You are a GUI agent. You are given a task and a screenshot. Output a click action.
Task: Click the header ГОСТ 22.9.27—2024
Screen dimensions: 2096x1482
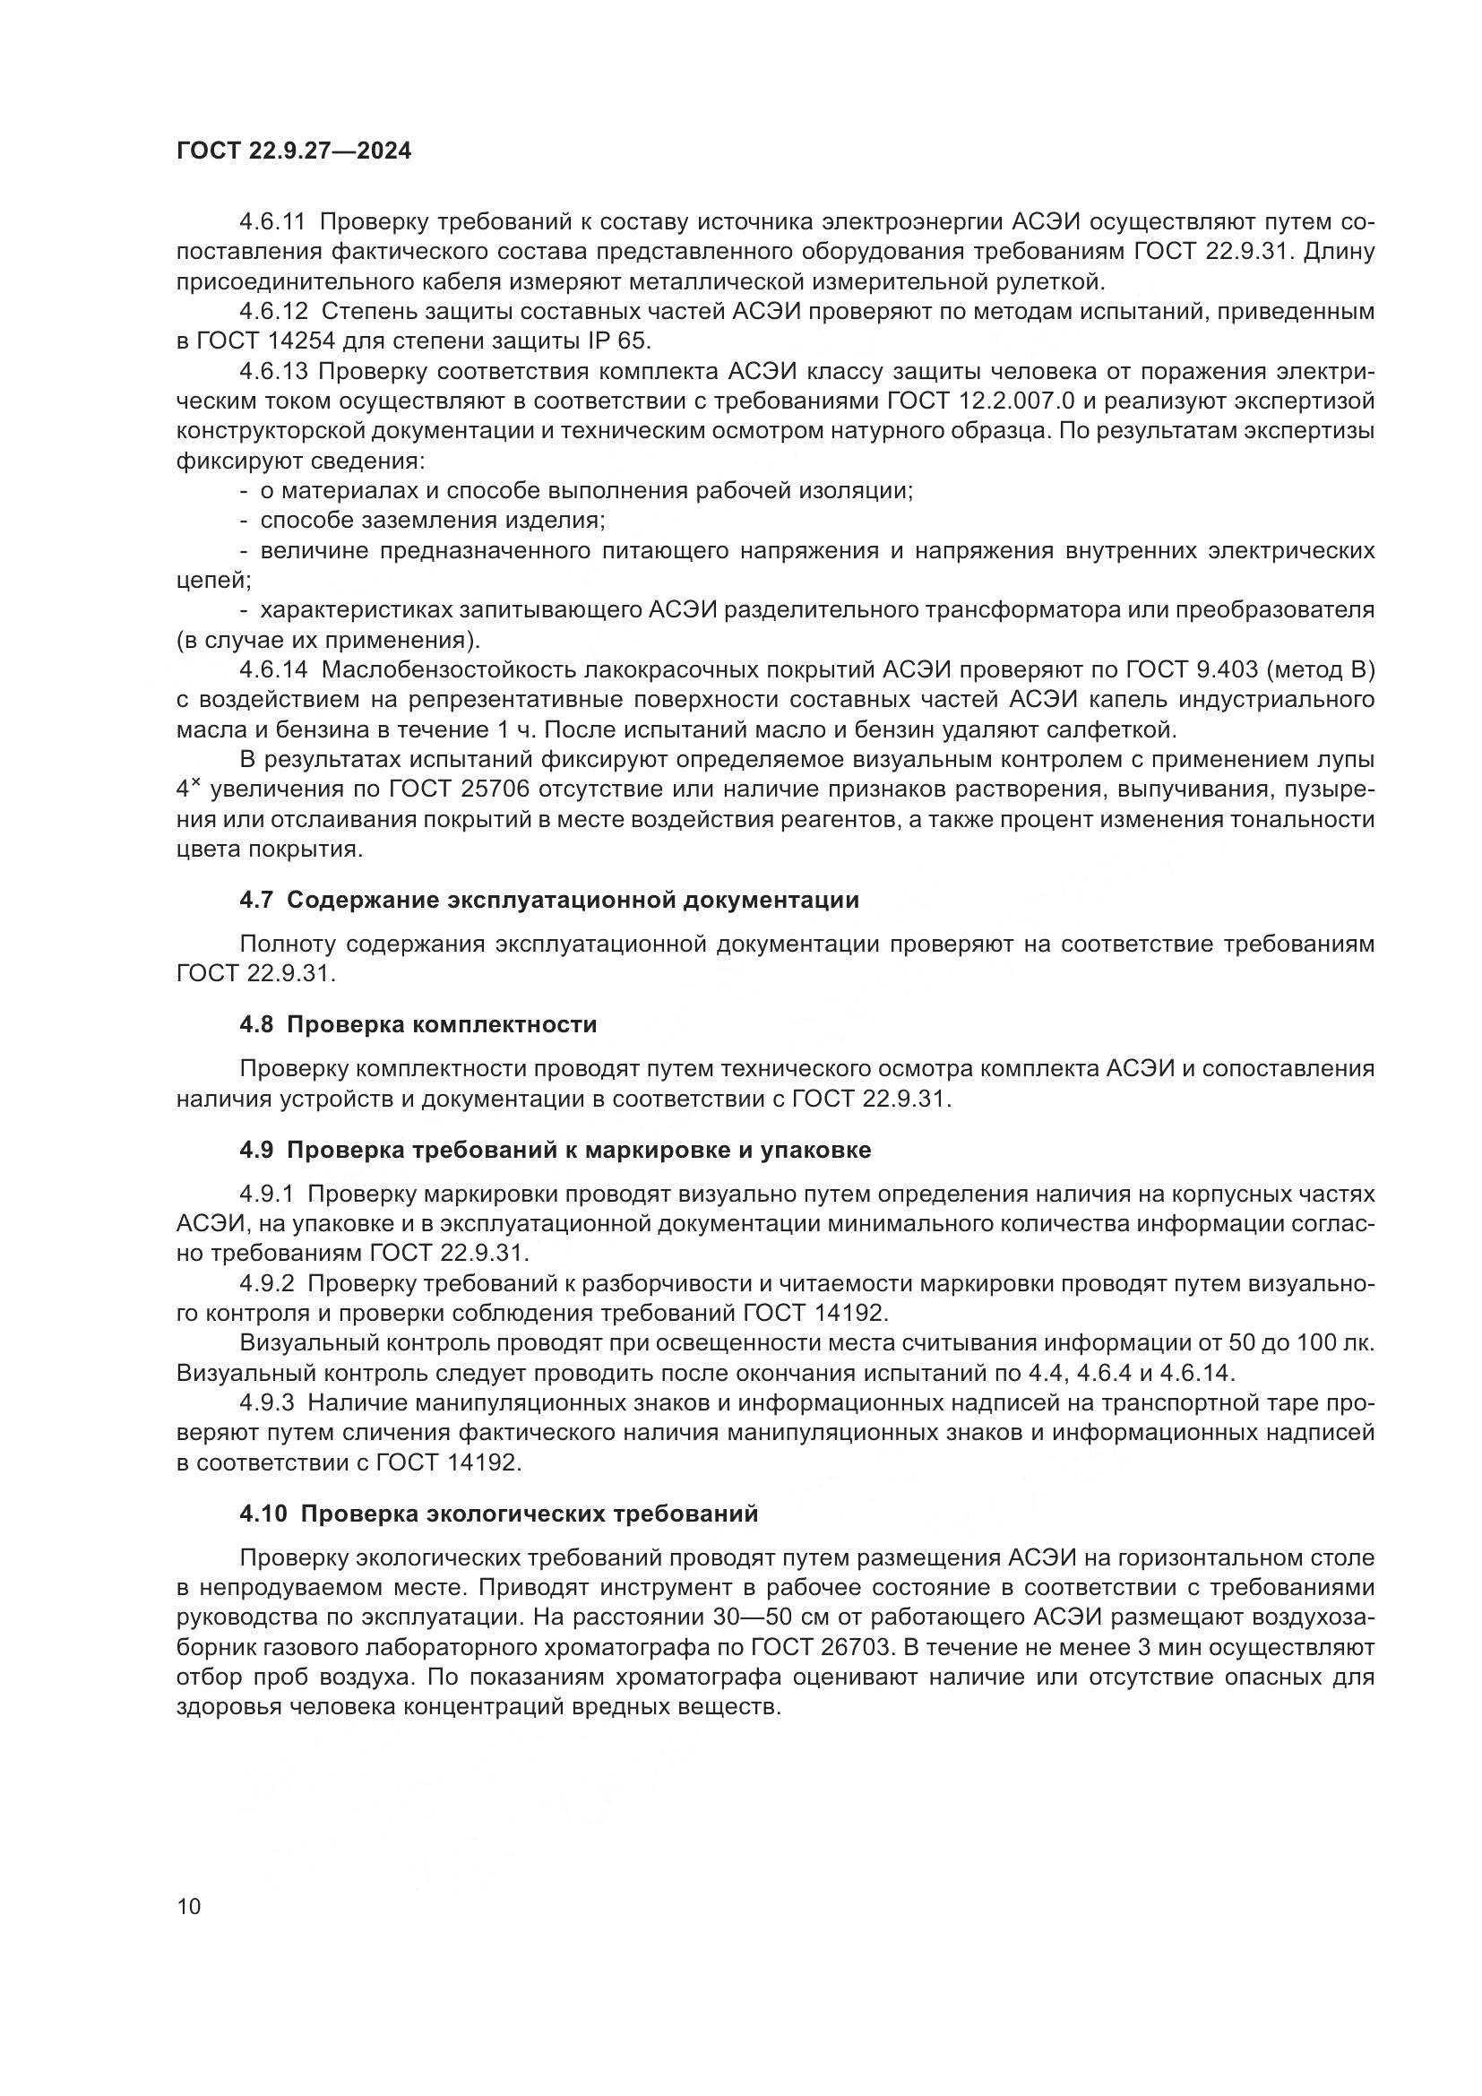point(294,151)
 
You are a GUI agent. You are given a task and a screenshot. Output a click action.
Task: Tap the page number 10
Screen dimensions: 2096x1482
point(189,1907)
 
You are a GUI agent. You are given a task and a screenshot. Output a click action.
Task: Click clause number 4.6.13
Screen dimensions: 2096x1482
point(274,372)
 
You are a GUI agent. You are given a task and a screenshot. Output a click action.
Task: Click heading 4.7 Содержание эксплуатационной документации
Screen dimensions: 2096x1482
point(548,900)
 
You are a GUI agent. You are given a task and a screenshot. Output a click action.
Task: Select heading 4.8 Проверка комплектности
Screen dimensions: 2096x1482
point(418,1024)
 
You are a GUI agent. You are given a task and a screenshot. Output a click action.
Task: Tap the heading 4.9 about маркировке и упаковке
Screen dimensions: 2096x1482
point(555,1151)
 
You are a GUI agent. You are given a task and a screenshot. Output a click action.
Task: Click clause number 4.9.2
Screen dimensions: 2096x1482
point(267,1283)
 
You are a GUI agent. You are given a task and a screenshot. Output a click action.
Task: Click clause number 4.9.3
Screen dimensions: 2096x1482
point(267,1403)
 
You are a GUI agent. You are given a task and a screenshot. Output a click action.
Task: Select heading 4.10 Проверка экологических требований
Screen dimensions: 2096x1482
point(498,1514)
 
